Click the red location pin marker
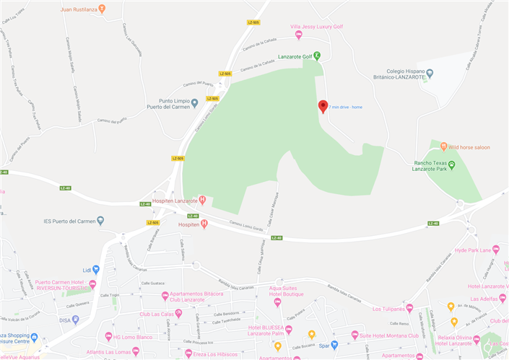click(x=323, y=106)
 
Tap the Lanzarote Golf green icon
click(x=318, y=56)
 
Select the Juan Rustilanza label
click(x=79, y=9)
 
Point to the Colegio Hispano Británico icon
click(x=430, y=73)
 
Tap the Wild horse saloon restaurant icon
click(x=443, y=147)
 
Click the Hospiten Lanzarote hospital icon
click(x=203, y=200)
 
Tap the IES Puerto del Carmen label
click(x=69, y=221)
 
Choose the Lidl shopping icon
click(x=96, y=269)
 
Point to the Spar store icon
click(x=334, y=345)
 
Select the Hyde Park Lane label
click(x=472, y=250)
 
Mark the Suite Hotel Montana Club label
click(x=393, y=335)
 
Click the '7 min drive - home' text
click(x=346, y=107)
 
